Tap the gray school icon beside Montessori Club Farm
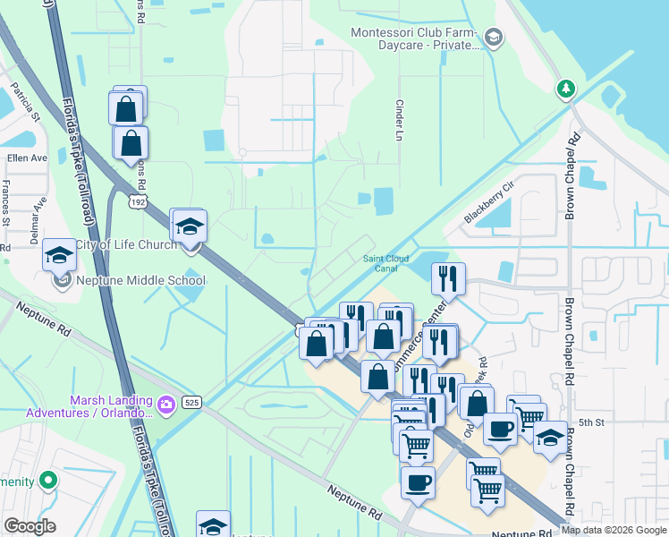coord(494,38)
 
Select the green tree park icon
coord(565,89)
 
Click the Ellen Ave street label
coord(27,158)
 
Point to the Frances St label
coord(6,202)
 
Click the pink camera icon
coord(166,406)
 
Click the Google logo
coord(30,526)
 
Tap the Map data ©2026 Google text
coord(614,530)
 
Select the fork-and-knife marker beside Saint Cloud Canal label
coord(449,278)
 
